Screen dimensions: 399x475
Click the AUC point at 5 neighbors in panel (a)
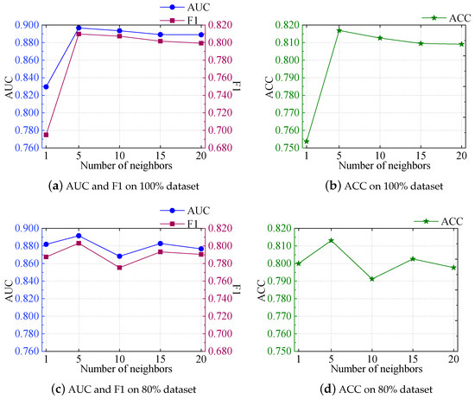coord(79,28)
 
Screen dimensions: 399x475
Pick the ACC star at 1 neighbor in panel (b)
coord(306,142)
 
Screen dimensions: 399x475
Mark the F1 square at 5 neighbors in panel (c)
coord(79,244)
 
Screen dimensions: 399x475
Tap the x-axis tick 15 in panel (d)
coord(420,358)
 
